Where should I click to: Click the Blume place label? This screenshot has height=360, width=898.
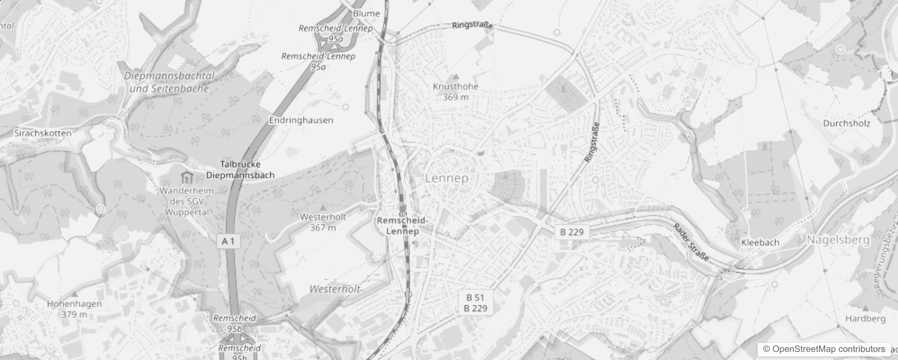click(x=366, y=13)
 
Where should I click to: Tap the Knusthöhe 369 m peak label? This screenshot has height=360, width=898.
click(x=456, y=91)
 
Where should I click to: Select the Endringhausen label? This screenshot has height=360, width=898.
click(x=301, y=120)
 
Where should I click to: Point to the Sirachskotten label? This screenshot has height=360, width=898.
click(x=43, y=133)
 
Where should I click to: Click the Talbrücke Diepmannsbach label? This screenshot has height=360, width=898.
click(x=240, y=170)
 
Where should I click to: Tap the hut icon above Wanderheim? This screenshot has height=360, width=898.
click(x=186, y=177)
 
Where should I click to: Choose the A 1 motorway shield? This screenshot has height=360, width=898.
click(x=228, y=241)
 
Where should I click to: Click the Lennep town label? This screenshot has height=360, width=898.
click(x=447, y=178)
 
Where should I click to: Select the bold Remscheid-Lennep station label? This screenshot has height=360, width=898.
click(x=403, y=225)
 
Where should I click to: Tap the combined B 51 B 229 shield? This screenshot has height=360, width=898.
click(x=476, y=302)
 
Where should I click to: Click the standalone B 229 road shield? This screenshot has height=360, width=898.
click(x=572, y=232)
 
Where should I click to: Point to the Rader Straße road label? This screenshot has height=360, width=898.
click(x=691, y=242)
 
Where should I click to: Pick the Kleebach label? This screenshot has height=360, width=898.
click(x=760, y=242)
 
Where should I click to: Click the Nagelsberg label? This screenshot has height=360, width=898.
click(x=838, y=240)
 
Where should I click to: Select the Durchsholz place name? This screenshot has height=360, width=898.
click(x=846, y=123)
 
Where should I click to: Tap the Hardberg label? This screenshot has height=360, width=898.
click(x=865, y=319)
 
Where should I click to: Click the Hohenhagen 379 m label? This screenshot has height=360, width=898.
click(x=74, y=309)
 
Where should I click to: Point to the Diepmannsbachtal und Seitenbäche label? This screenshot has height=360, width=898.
click(x=169, y=82)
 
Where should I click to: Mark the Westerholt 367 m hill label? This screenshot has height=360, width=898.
click(x=323, y=222)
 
